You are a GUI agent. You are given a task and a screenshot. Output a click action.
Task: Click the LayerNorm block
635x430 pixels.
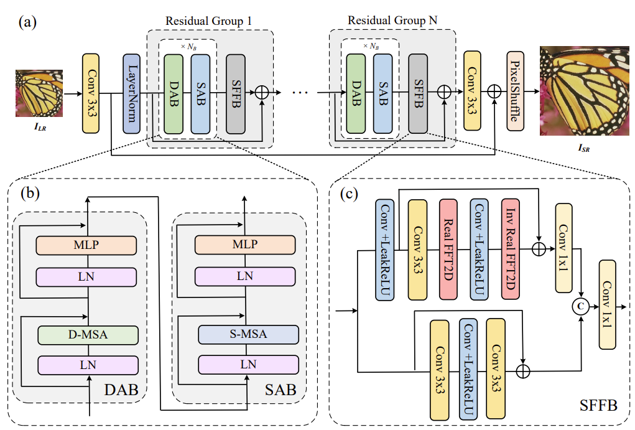click(132, 93)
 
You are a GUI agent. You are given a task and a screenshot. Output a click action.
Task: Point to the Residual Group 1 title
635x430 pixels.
click(208, 20)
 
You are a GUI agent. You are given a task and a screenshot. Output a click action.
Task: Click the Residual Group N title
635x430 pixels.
click(392, 20)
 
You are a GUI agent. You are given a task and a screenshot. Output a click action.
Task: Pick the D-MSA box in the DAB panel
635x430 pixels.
click(87, 335)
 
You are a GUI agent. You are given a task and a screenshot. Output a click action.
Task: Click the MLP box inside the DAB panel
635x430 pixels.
click(87, 245)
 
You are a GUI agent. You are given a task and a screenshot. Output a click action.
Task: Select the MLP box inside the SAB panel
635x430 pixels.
click(244, 245)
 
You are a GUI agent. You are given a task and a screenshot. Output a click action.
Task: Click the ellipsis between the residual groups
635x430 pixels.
click(299, 93)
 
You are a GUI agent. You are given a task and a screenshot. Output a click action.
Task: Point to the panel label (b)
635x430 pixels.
click(29, 193)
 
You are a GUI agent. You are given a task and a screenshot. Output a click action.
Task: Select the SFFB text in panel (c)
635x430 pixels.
click(599, 406)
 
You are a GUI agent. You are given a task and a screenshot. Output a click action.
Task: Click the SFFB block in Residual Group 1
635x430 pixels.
click(235, 93)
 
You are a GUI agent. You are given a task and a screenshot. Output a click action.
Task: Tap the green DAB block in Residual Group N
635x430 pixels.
click(356, 93)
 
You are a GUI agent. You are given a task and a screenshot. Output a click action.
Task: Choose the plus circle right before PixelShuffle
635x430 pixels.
click(494, 91)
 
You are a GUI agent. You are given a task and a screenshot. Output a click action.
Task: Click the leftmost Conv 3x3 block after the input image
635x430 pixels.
click(91, 93)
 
